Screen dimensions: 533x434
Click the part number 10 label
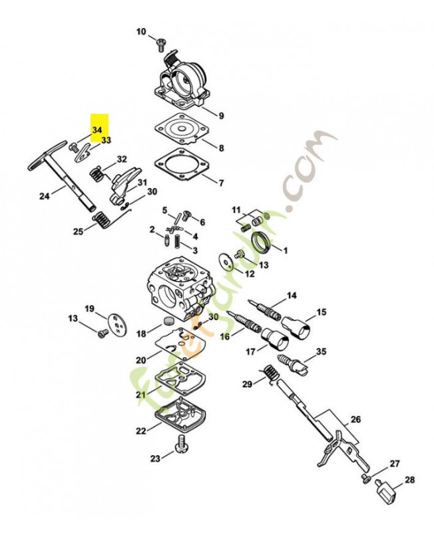pyautogui.click(x=140, y=31)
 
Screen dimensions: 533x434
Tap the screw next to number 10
pyautogui.click(x=160, y=45)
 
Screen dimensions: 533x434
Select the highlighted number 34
pyautogui.click(x=97, y=129)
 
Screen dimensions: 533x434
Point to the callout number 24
pyautogui.click(x=44, y=196)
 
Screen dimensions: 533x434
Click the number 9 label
pyautogui.click(x=222, y=115)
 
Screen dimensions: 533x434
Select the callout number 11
pyautogui.click(x=236, y=211)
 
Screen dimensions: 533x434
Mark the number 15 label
pyautogui.click(x=322, y=312)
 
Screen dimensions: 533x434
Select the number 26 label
pyautogui.click(x=355, y=420)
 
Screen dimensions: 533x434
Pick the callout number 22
pyautogui.click(x=140, y=431)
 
